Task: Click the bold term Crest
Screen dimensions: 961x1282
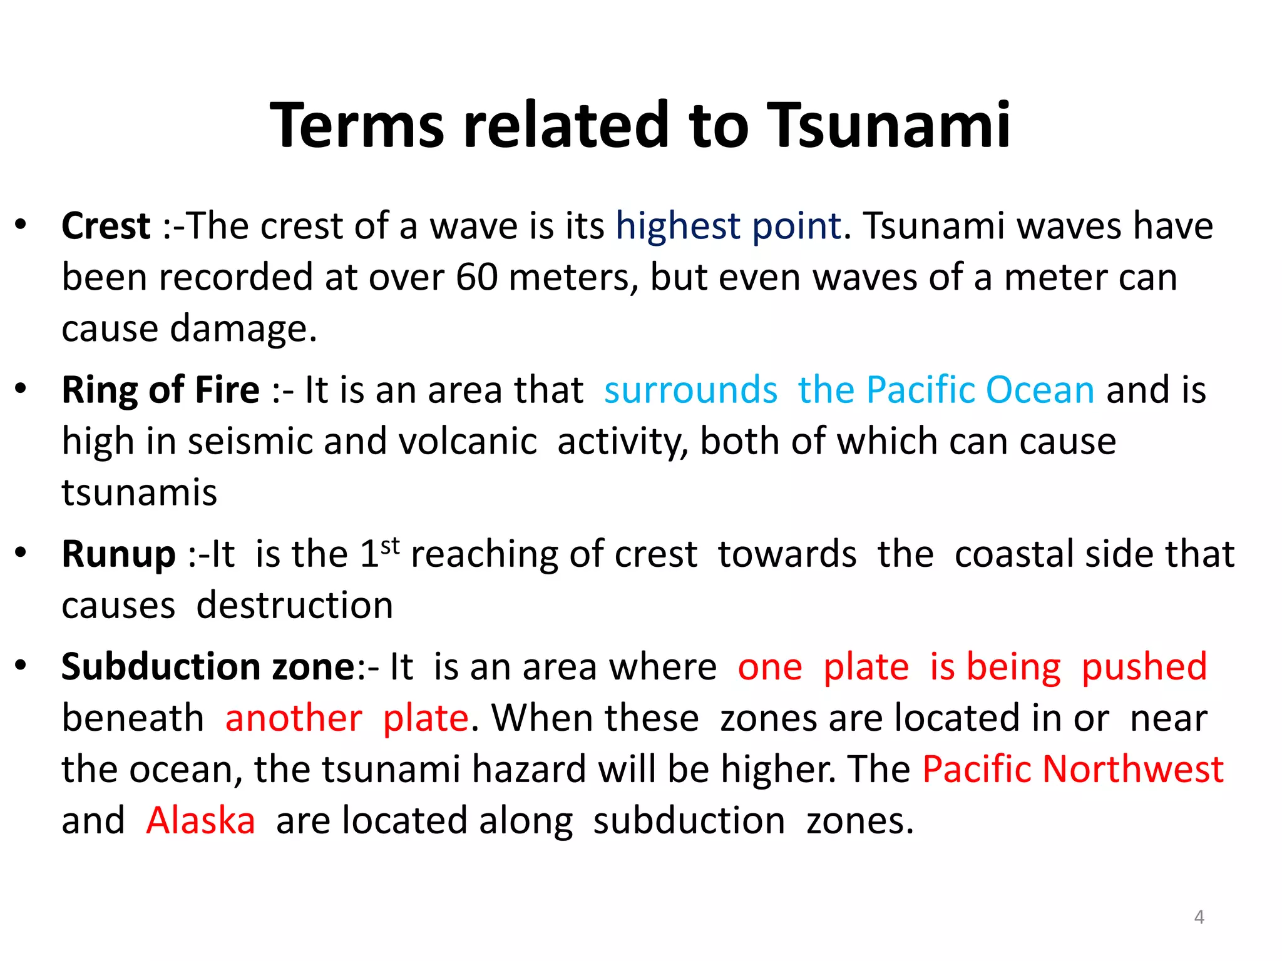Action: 106,226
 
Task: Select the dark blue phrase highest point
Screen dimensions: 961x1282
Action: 728,226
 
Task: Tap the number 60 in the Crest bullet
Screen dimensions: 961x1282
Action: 477,277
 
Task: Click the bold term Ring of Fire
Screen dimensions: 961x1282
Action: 160,390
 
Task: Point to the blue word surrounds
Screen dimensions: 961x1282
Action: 690,390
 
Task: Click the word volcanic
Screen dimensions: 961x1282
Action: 468,442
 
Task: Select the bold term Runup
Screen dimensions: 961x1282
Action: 118,555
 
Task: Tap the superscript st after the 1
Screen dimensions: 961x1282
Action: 390,546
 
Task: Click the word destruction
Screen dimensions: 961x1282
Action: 295,606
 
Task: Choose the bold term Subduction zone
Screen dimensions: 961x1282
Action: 208,667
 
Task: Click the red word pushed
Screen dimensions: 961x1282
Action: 1144,667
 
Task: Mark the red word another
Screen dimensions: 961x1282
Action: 294,718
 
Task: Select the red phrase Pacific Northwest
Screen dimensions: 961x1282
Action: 1073,770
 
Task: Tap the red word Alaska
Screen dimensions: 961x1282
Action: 200,821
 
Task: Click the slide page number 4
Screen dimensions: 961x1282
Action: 1199,917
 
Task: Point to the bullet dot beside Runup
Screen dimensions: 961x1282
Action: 21,552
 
